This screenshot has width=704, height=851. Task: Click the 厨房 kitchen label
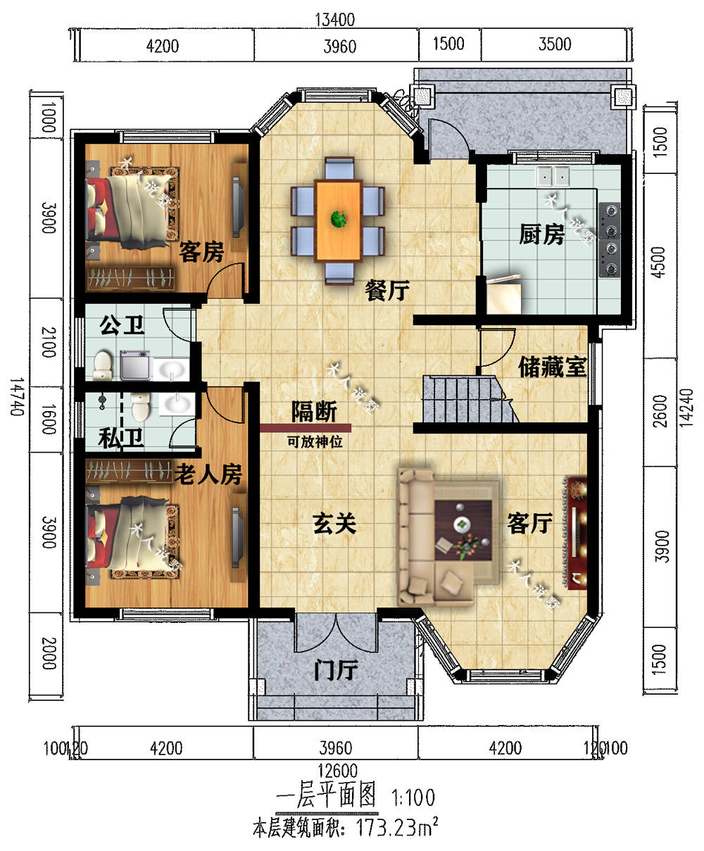(x=541, y=234)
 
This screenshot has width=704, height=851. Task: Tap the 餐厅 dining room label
(x=387, y=289)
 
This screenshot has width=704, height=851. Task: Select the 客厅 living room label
(x=529, y=523)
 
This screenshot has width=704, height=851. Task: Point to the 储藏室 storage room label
(x=552, y=366)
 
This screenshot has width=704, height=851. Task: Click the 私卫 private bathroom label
(x=120, y=439)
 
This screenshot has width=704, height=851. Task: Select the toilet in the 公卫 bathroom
(x=103, y=365)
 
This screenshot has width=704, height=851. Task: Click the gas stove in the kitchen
(x=610, y=238)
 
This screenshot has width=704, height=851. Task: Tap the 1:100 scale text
(x=413, y=798)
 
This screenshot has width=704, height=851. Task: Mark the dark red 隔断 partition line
(x=305, y=427)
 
